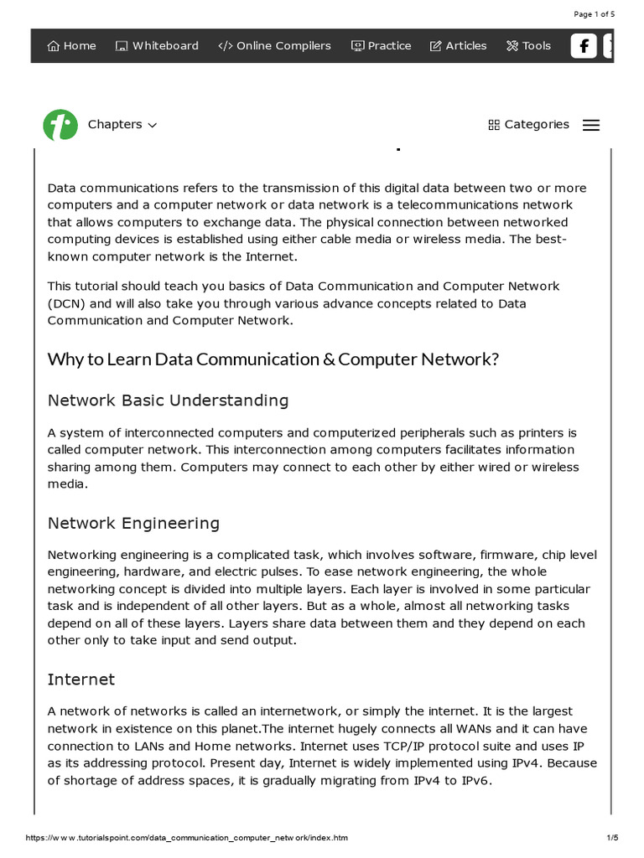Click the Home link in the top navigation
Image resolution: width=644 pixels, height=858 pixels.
(72, 46)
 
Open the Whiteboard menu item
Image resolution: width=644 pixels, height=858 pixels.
(157, 46)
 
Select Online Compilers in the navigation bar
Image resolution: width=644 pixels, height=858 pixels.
(274, 46)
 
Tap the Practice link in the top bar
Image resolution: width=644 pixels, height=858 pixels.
(382, 46)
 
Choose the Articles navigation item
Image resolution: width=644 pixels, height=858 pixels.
(458, 46)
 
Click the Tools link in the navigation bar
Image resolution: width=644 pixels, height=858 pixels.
(528, 46)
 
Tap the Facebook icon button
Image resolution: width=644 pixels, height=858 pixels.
(584, 46)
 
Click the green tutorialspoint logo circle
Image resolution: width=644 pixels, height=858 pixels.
(60, 125)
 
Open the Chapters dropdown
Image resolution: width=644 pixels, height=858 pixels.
(122, 125)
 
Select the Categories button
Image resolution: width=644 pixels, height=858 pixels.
(528, 125)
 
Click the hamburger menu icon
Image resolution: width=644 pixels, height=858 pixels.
(591, 125)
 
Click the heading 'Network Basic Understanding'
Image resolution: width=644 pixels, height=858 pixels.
(168, 401)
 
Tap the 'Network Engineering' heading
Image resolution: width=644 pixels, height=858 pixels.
(133, 524)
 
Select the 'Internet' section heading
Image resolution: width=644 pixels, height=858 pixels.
(81, 680)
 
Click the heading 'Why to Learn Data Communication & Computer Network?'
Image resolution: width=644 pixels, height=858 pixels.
(273, 359)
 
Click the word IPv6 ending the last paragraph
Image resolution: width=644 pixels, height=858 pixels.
(474, 781)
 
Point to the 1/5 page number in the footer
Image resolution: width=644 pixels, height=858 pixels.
(611, 838)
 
